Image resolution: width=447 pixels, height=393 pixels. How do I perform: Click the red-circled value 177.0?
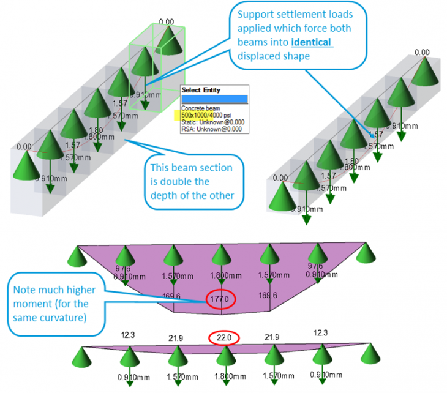(222, 300)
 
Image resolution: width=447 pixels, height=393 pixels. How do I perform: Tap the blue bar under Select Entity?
(214, 99)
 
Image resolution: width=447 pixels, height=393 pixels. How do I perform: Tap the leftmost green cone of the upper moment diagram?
(78, 252)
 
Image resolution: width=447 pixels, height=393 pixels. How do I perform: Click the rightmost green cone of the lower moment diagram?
(369, 353)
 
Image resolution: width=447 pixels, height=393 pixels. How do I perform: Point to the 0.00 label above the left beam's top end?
(166, 22)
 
